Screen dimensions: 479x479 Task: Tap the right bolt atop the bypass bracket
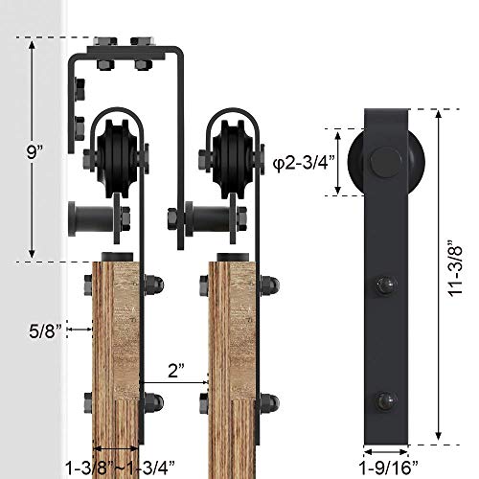coord(144,45)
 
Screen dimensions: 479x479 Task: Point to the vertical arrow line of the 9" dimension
coord(32,151)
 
